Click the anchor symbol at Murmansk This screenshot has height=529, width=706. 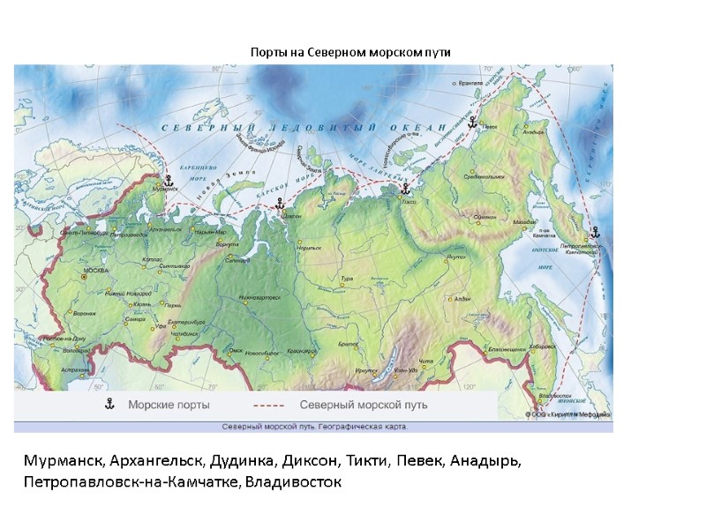[x=169, y=180]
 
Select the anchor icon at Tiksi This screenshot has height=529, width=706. [x=405, y=188]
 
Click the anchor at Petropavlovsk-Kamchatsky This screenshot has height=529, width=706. [x=594, y=232]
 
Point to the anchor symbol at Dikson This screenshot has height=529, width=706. [x=280, y=204]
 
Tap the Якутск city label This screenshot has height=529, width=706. [x=456, y=256]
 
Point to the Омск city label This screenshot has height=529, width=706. [x=236, y=350]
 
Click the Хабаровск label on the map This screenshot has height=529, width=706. [x=541, y=346]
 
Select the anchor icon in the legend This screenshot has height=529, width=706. [x=110, y=405]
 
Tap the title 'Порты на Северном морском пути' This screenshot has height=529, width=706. [x=350, y=52]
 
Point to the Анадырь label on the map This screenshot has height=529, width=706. [x=534, y=133]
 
